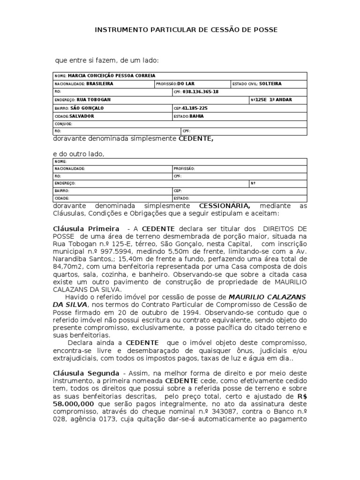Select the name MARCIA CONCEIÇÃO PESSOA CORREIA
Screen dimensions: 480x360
[111, 76]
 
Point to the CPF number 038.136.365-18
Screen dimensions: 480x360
[201, 92]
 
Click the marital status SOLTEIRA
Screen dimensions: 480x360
[270, 84]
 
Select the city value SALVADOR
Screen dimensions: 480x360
[82, 116]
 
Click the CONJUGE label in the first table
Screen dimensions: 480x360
[63, 124]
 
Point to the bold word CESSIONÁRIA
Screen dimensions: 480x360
[225, 206]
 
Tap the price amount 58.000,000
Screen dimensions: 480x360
[74, 390]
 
